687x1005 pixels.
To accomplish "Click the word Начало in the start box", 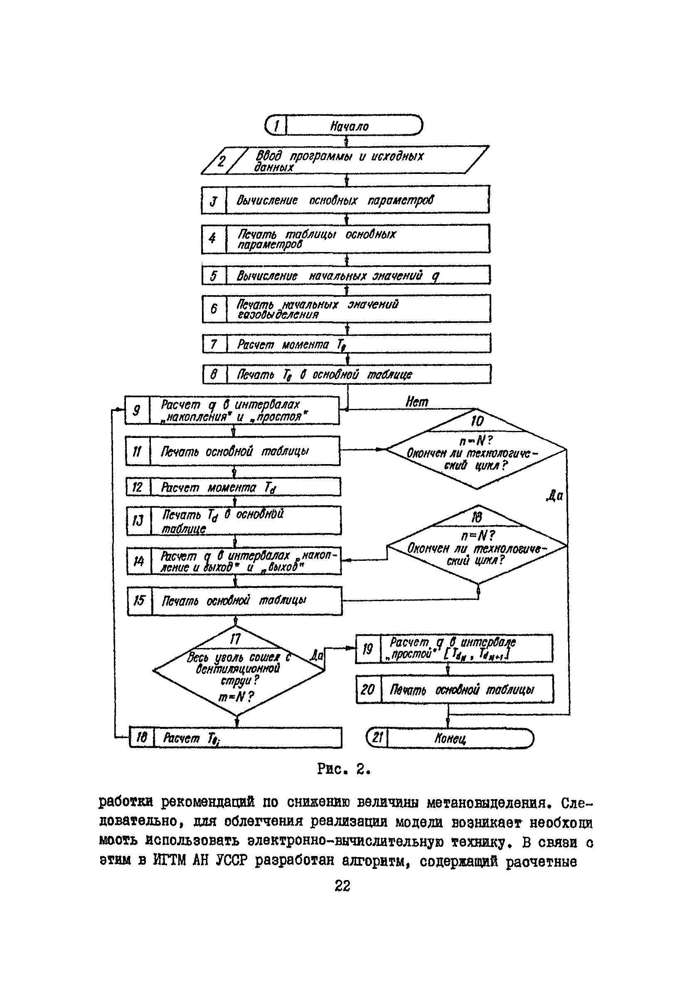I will (350, 126).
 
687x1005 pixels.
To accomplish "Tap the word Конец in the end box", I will (450, 738).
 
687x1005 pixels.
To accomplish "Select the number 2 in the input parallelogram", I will (221, 161).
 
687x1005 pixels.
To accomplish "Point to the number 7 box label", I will (214, 344).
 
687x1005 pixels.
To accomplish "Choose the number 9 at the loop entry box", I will (136, 410).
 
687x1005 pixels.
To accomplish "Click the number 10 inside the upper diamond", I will (477, 421).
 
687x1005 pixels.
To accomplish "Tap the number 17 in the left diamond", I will (235, 639).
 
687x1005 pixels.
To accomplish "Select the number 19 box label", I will (367, 649).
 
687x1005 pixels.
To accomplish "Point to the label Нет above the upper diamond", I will (416, 402).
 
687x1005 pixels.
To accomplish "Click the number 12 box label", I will (137, 487).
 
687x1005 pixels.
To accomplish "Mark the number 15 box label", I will (139, 600).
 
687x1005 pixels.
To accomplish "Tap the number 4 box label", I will (212, 238).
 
